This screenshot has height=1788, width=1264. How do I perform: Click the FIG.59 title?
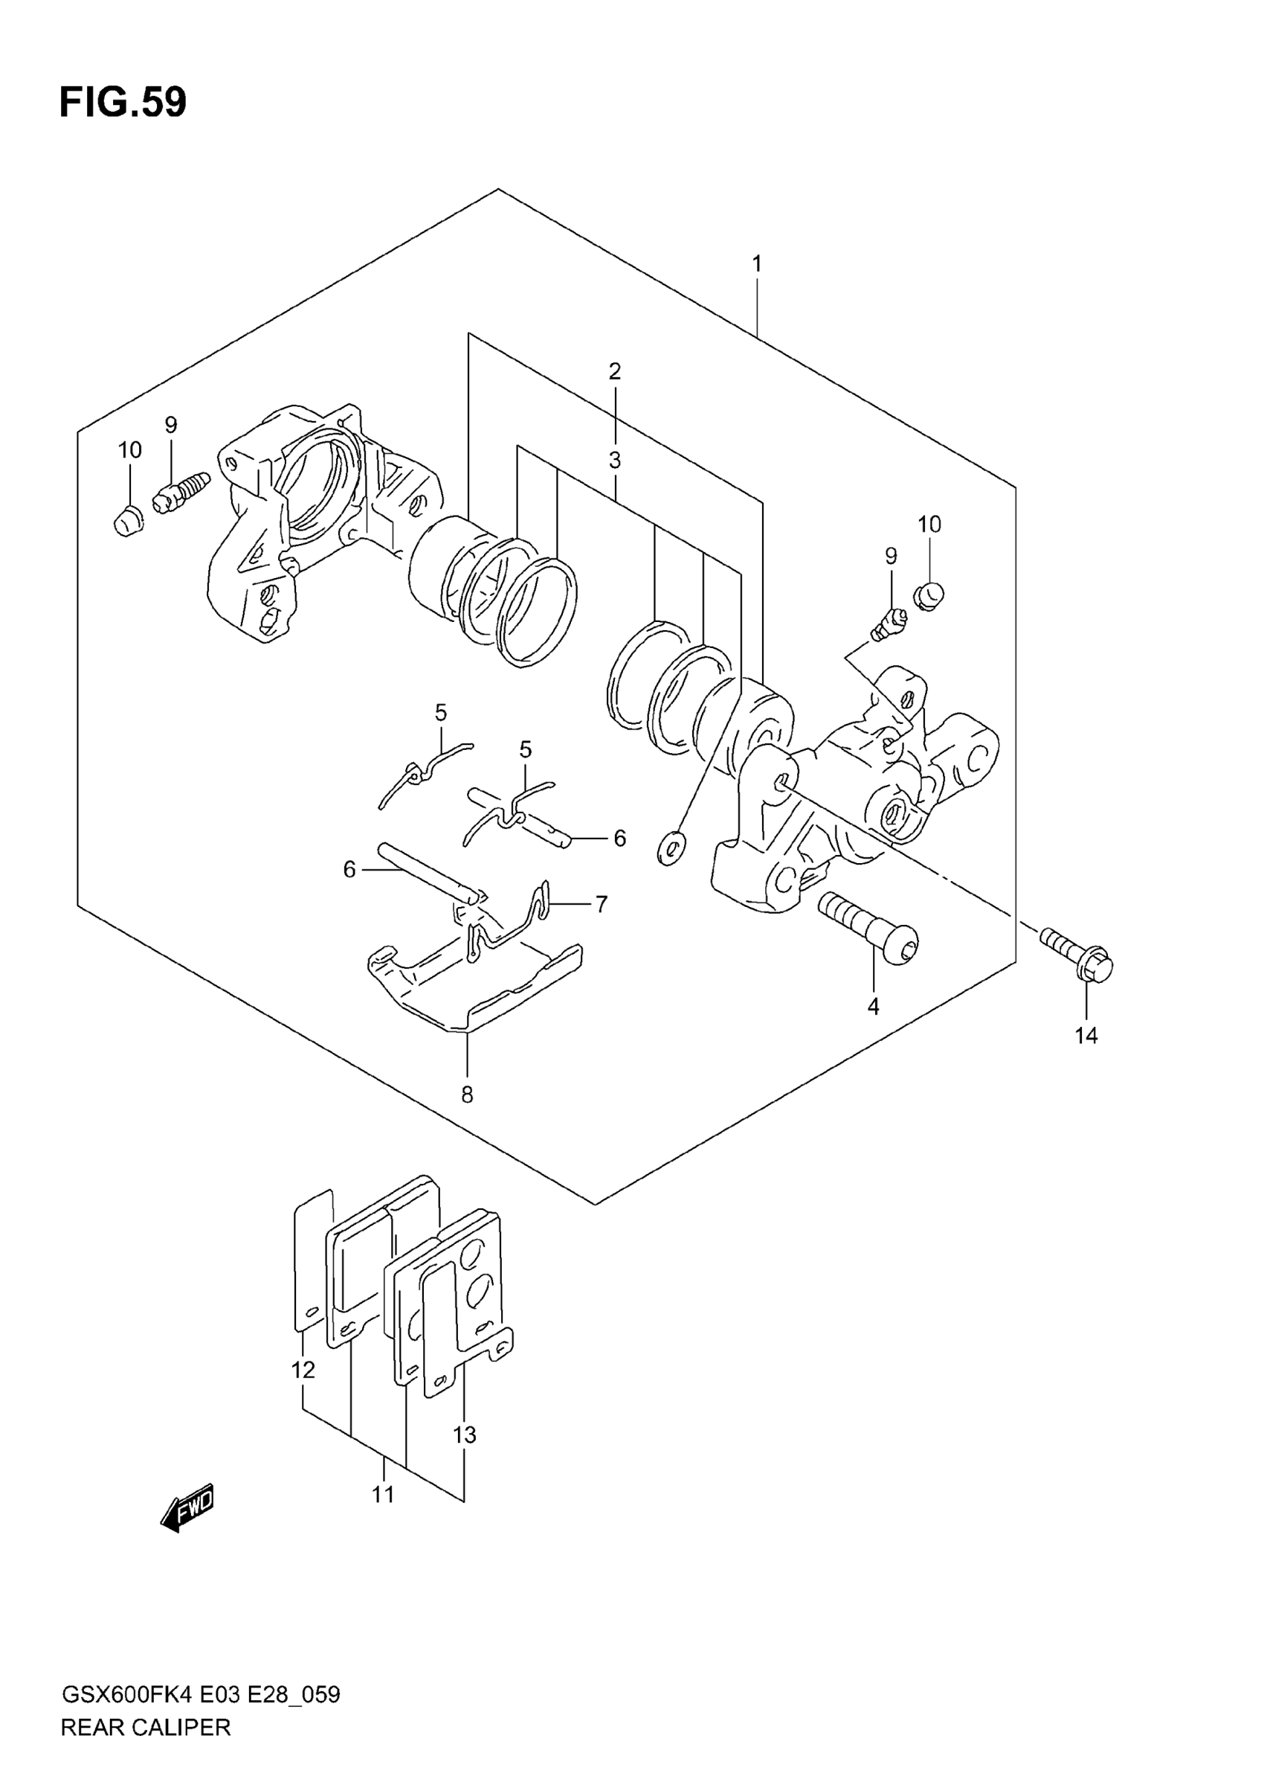(x=123, y=102)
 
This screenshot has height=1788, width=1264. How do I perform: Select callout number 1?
(x=756, y=264)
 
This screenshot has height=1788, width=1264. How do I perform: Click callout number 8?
(x=467, y=1095)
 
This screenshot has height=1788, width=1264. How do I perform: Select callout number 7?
(x=601, y=904)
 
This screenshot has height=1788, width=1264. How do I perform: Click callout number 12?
(x=303, y=1370)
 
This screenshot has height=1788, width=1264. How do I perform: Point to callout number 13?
(x=465, y=1435)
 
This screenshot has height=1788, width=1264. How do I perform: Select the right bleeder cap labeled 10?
(x=929, y=596)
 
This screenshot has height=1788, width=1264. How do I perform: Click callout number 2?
(x=615, y=371)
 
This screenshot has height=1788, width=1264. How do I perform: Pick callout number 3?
(x=615, y=461)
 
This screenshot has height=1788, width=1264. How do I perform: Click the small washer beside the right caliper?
(x=671, y=847)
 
